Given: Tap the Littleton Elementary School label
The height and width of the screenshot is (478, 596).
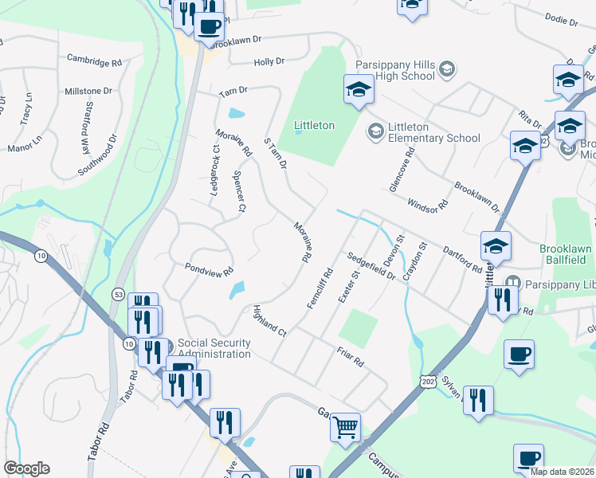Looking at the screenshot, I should point(434,132).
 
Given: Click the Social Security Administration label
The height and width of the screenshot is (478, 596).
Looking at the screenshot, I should point(214,348).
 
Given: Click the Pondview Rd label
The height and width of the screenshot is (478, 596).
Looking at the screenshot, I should point(210,269).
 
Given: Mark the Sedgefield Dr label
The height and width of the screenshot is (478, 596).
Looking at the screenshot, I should point(371,266).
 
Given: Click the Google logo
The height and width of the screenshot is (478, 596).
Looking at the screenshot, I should point(25,468).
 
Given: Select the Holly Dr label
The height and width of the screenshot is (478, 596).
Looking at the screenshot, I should point(269,62).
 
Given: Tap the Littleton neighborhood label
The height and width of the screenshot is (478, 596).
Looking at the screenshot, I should point(314,126).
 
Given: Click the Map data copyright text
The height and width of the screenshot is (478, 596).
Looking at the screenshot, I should point(561,471).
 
